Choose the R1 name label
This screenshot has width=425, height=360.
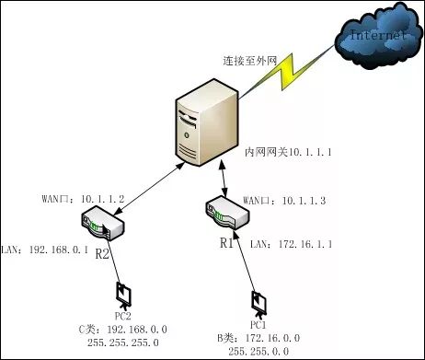coord(227,243)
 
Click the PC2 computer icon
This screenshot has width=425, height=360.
coord(123,296)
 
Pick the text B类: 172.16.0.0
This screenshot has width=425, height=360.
coord(258,339)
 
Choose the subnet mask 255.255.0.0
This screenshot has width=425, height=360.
coord(258,351)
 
